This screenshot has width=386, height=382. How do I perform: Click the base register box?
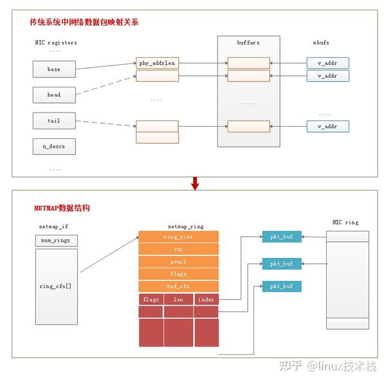(x=54, y=68)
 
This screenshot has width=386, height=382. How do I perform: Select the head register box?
(x=54, y=95)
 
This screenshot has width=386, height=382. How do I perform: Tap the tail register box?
(x=54, y=120)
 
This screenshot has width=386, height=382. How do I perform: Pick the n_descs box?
(x=54, y=147)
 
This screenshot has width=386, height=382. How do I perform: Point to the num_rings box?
(x=56, y=241)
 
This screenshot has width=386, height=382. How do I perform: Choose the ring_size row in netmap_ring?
(x=178, y=237)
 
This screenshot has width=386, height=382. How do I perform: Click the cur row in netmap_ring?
(x=178, y=249)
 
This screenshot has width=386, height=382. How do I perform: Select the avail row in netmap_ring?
(x=178, y=262)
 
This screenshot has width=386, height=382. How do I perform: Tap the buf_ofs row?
(x=178, y=287)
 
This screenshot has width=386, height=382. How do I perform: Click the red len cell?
(x=178, y=299)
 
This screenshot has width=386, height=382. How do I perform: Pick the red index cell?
(x=207, y=299)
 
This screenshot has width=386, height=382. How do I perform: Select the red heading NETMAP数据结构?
(x=62, y=209)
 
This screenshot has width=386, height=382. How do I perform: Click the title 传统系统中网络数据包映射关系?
(x=84, y=23)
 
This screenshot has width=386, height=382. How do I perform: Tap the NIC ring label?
(x=345, y=223)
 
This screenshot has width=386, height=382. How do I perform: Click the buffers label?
(x=248, y=42)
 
